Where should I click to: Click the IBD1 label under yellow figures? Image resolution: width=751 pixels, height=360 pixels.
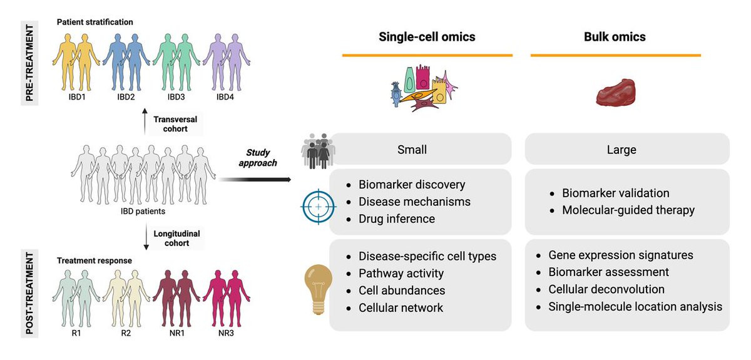pos(77,97)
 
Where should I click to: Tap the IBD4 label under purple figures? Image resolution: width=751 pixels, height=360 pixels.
pos(225,97)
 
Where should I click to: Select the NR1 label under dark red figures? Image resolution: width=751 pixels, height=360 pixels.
pos(176,333)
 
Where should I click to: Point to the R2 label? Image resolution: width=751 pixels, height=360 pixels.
pos(126,333)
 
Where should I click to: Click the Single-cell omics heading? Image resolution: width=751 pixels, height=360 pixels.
pos(427,37)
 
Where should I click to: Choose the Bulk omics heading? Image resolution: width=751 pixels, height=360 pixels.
pos(615,37)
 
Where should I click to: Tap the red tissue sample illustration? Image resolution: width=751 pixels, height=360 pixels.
pos(616,92)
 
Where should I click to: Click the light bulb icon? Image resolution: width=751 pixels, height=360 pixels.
pos(318,289)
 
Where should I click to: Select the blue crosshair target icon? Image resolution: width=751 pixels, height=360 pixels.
pos(318,207)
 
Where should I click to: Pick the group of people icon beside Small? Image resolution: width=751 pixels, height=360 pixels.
pos(318,151)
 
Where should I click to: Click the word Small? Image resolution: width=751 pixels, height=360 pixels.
pos(412,150)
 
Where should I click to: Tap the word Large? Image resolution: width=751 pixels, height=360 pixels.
pos(621,150)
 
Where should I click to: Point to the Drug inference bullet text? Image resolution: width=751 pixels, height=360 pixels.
pos(397,219)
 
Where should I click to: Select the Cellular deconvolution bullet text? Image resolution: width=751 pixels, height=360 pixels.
pos(606,289)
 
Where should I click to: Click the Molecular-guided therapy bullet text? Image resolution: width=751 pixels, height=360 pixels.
pos(628,210)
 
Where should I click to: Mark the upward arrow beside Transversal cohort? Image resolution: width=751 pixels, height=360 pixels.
pos(145,121)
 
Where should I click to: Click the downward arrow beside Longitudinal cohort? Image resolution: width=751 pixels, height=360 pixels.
pos(146,237)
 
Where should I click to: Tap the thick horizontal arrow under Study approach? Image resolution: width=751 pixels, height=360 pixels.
pos(255,180)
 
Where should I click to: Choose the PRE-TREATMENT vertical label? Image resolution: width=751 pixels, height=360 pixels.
pos(29,63)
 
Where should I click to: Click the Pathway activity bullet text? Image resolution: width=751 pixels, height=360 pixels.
pos(401,274)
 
